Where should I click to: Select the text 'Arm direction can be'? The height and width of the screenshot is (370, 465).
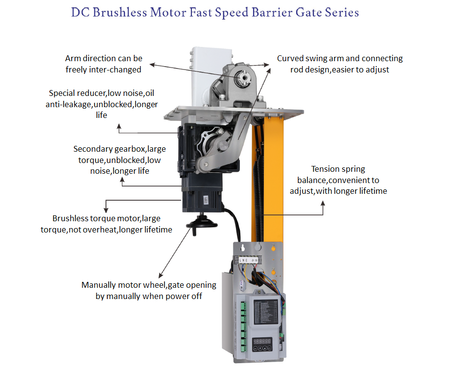103,58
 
